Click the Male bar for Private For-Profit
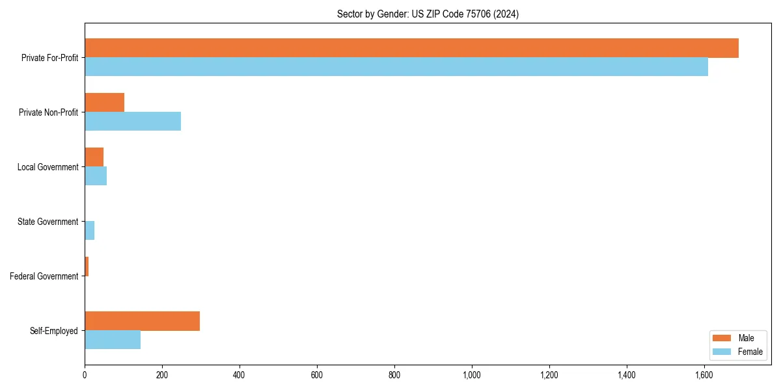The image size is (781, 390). point(411,48)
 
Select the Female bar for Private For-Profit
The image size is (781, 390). point(396,67)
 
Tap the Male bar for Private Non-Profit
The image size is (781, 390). point(104,103)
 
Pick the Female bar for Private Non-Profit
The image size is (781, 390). point(133,122)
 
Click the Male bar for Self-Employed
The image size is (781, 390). point(142,321)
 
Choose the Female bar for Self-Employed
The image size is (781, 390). point(113,340)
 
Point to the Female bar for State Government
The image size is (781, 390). point(90,231)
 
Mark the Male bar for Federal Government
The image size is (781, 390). point(87,266)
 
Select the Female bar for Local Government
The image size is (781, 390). point(96,176)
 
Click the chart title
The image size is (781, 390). point(428,14)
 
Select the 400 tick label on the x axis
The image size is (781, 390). point(240,375)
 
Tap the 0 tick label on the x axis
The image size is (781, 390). point(85,375)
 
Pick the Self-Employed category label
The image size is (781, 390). point(53,331)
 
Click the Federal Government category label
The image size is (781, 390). point(44,276)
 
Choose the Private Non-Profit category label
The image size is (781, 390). point(48,112)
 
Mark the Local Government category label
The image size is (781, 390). point(48,167)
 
